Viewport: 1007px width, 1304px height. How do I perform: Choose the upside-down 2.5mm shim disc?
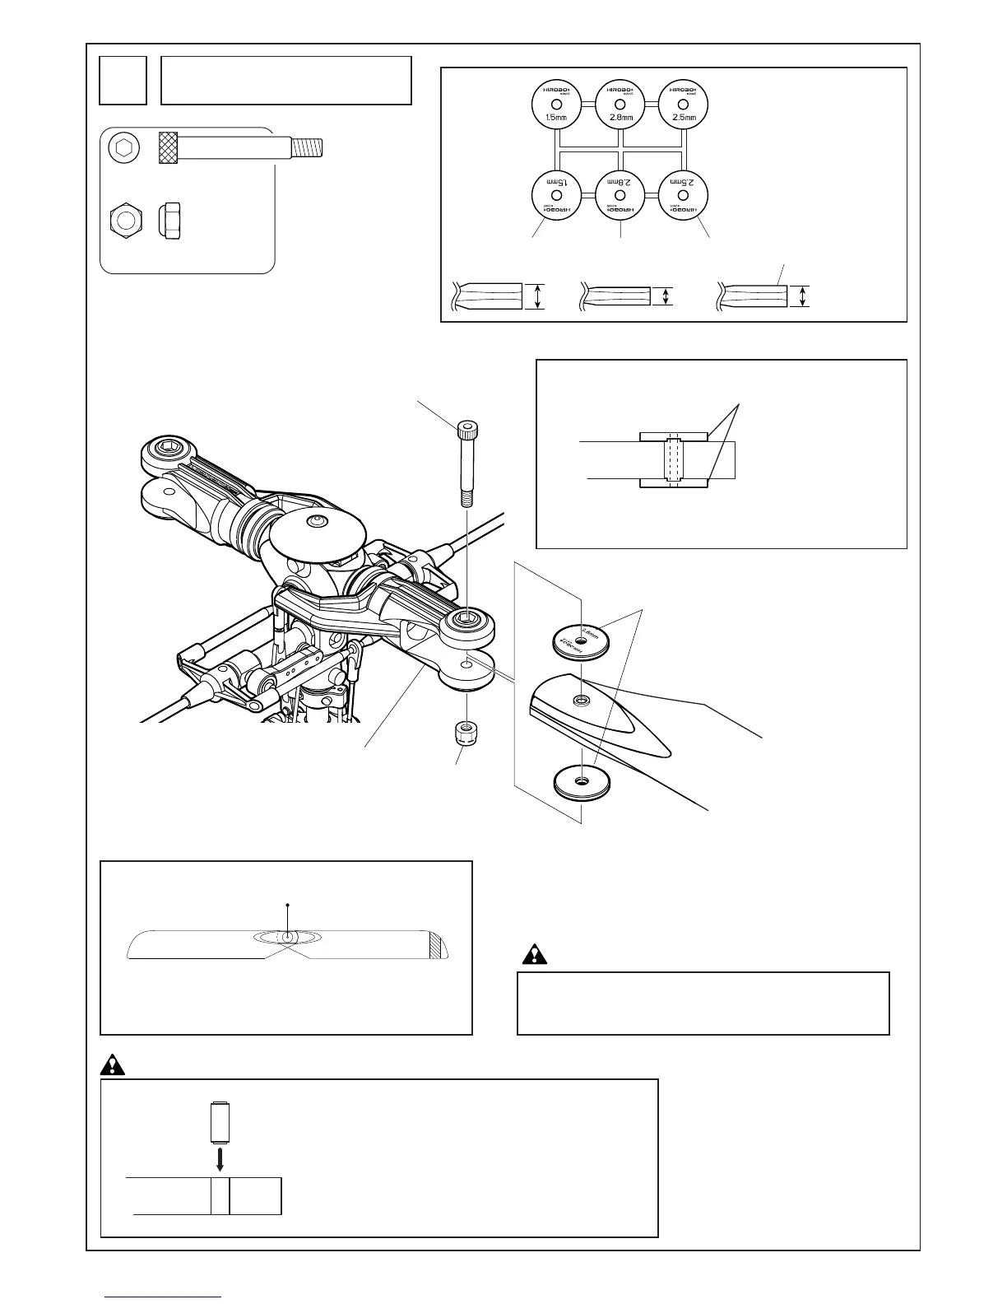click(x=682, y=194)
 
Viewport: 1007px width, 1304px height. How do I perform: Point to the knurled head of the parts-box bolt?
click(x=169, y=148)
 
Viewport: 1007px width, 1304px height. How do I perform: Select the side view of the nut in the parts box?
click(x=169, y=221)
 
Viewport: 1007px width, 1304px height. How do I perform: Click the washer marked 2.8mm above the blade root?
click(x=580, y=640)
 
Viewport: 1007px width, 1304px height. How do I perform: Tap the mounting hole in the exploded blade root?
click(x=582, y=701)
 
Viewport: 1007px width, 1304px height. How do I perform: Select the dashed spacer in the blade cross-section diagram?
click(x=673, y=459)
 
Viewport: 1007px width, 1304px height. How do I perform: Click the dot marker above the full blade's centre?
click(x=287, y=905)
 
